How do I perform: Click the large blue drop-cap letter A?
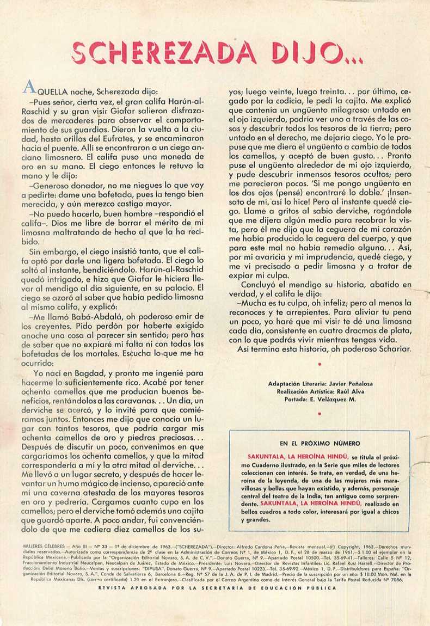point(29,88)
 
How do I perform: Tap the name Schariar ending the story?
point(391,348)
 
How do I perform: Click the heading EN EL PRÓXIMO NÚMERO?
point(320,444)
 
